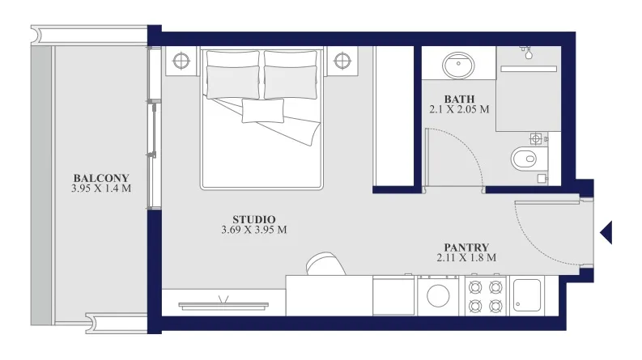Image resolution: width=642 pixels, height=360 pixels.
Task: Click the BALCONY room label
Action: pyautogui.click(x=101, y=178)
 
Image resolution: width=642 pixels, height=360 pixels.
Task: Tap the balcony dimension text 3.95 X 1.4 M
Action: pyautogui.click(x=101, y=188)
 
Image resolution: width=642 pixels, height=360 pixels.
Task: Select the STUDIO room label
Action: pyautogui.click(x=254, y=220)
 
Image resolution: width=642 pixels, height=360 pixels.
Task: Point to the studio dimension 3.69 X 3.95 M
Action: pyautogui.click(x=254, y=230)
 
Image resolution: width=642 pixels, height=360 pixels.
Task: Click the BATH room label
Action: pyautogui.click(x=459, y=100)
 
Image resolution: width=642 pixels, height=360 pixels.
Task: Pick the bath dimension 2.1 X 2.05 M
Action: pyautogui.click(x=459, y=110)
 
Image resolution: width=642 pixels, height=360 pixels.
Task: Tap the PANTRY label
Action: pyautogui.click(x=466, y=248)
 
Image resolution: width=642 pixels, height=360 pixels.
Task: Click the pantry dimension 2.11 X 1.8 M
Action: pyautogui.click(x=466, y=258)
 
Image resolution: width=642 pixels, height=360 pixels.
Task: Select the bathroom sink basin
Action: pyautogui.click(x=458, y=65)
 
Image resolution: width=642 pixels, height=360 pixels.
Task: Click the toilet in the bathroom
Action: pyautogui.click(x=529, y=159)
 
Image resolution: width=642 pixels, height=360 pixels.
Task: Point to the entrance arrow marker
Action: pyautogui.click(x=606, y=232)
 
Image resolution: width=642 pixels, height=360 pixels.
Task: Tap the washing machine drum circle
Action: pyautogui.click(x=438, y=295)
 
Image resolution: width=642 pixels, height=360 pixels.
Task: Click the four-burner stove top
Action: pyautogui.click(x=485, y=296)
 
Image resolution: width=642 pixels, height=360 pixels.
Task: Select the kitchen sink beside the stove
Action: pyautogui.click(x=527, y=295)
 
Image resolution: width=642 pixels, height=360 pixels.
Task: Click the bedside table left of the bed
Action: pyautogui.click(x=181, y=61)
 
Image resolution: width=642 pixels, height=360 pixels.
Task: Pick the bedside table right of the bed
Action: pyautogui.click(x=342, y=61)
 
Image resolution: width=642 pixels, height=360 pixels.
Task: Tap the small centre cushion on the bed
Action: pyautogui.click(x=263, y=111)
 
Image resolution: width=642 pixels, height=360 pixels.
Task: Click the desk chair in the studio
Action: pyautogui.click(x=325, y=264)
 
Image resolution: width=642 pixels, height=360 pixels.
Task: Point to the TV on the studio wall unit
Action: pyautogui.click(x=223, y=305)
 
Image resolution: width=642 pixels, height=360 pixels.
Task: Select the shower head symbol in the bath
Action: pyautogui.click(x=527, y=52)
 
